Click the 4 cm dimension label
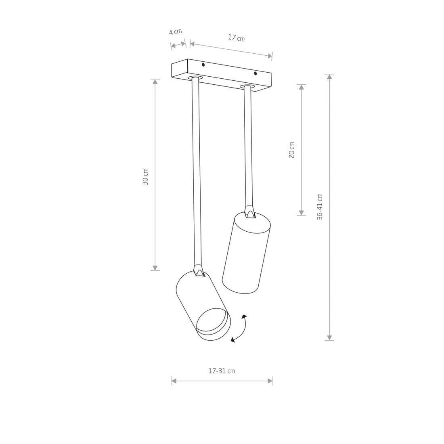[176, 32]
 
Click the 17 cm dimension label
[237, 38]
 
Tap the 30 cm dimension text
[145, 177]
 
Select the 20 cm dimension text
[292, 150]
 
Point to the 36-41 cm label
[320, 207]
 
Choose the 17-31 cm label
[222, 371]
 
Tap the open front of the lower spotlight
[214, 324]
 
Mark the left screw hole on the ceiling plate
[203, 65]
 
